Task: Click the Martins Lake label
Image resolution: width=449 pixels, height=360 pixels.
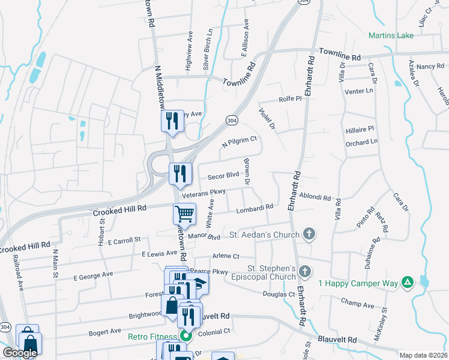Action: pos(391,35)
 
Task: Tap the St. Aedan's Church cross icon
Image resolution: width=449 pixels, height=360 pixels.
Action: pos(309,233)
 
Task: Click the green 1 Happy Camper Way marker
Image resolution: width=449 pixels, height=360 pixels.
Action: pos(407,282)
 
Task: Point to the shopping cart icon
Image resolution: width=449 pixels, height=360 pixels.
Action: pos(184,213)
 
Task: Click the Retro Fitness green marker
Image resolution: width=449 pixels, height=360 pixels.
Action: pos(186,337)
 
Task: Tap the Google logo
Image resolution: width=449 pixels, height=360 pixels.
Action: pos(20,353)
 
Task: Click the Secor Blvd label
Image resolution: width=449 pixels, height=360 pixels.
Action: pos(223,176)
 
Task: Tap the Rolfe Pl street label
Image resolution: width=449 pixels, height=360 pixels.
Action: pos(289,98)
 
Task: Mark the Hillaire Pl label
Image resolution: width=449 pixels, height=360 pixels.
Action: pos(360,128)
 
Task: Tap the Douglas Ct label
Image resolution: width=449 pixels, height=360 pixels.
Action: pos(279,294)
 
